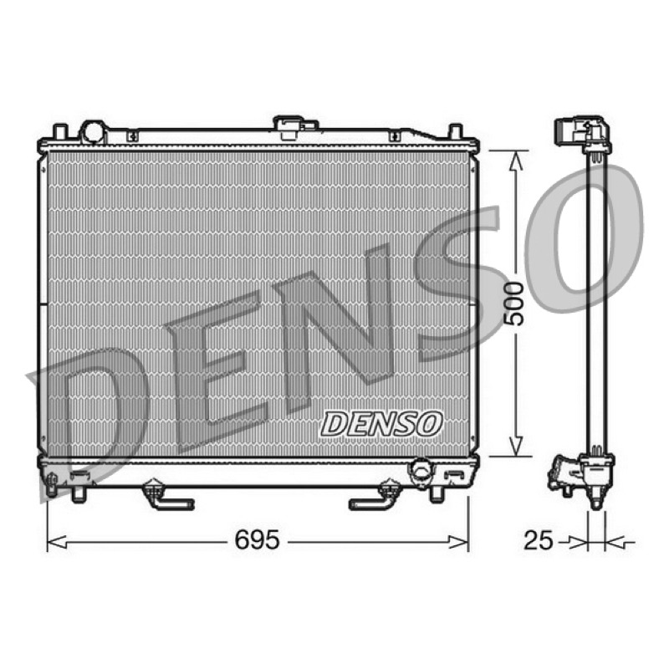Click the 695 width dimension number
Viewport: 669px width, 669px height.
point(258,539)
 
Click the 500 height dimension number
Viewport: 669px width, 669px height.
point(513,304)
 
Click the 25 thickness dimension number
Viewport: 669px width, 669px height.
point(538,540)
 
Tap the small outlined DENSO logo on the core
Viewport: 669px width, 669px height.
point(381,424)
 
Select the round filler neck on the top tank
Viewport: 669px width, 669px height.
point(94,132)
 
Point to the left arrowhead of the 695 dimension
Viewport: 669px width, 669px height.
point(56,543)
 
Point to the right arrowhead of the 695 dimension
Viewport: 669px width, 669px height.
point(459,543)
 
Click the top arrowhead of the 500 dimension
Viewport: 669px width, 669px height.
point(516,160)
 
